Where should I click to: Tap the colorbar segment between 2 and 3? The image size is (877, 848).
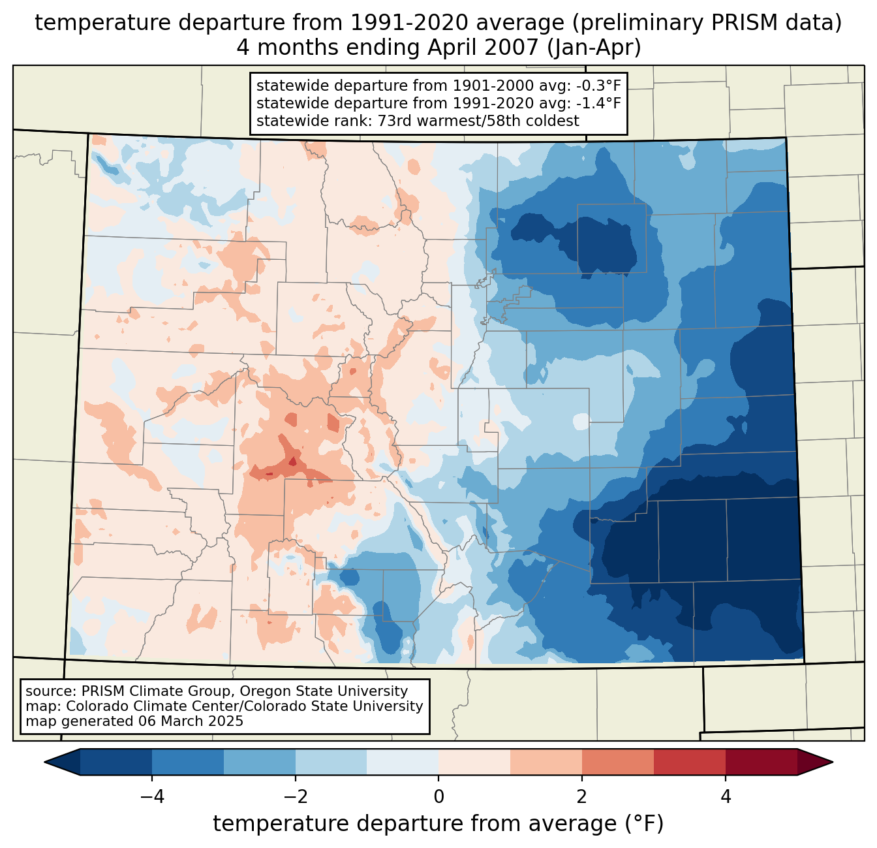point(618,762)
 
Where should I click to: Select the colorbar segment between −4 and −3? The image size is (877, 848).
point(188,762)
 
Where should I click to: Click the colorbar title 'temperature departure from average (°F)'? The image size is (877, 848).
point(438,824)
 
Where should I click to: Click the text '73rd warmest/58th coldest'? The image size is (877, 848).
point(478,121)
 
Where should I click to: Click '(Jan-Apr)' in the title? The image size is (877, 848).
point(595,48)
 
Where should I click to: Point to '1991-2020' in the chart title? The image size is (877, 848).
point(398,23)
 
